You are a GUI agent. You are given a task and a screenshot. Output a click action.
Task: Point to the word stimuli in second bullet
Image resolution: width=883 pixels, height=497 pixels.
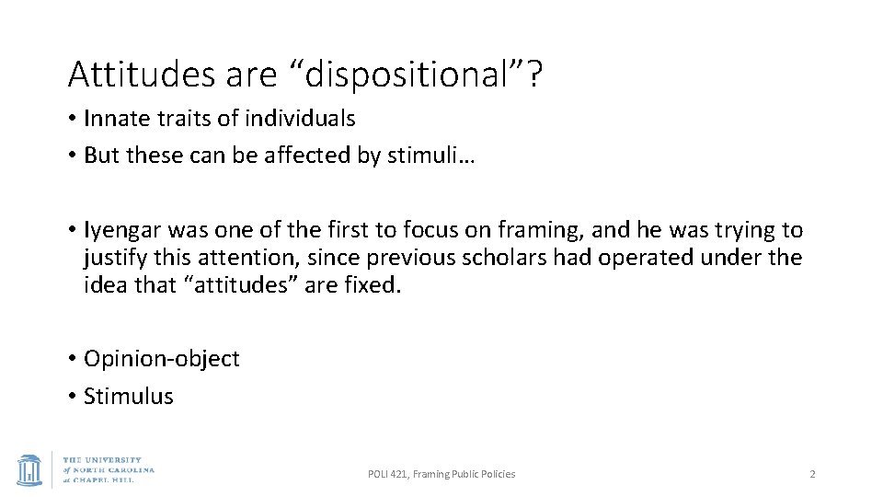pyautogui.click(x=427, y=155)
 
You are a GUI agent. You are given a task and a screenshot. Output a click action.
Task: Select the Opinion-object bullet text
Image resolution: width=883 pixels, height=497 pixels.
pyautogui.click(x=161, y=359)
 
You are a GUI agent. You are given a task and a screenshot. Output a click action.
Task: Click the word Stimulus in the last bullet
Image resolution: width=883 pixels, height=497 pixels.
pyautogui.click(x=128, y=396)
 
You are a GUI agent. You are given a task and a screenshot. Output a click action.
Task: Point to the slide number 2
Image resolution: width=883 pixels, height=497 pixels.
pyautogui.click(x=812, y=474)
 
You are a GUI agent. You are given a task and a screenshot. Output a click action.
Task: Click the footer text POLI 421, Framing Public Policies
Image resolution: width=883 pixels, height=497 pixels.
pyautogui.click(x=441, y=474)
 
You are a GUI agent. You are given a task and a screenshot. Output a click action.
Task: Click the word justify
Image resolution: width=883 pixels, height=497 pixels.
pyautogui.click(x=115, y=257)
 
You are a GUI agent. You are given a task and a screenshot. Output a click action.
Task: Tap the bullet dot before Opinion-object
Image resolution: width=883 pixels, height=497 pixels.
pyautogui.click(x=72, y=359)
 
